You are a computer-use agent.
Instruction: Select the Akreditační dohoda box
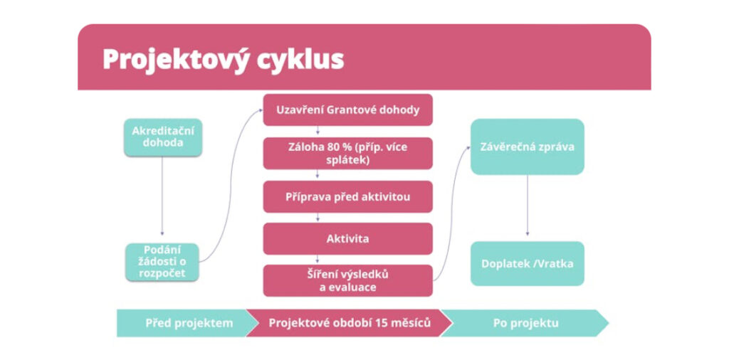tap(163, 137)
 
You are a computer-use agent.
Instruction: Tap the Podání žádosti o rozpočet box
tap(162, 262)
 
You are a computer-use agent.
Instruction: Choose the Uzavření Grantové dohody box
tap(347, 110)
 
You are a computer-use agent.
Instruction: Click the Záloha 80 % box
tap(347, 153)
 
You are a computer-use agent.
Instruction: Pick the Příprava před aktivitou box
tap(347, 197)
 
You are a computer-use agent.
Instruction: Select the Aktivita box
tap(347, 239)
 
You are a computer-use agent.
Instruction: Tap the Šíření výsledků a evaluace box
tap(347, 280)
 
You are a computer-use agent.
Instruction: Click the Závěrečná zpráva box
tap(528, 147)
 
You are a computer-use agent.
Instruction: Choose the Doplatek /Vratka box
tap(528, 263)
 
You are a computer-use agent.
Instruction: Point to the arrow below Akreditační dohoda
tap(162, 195)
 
